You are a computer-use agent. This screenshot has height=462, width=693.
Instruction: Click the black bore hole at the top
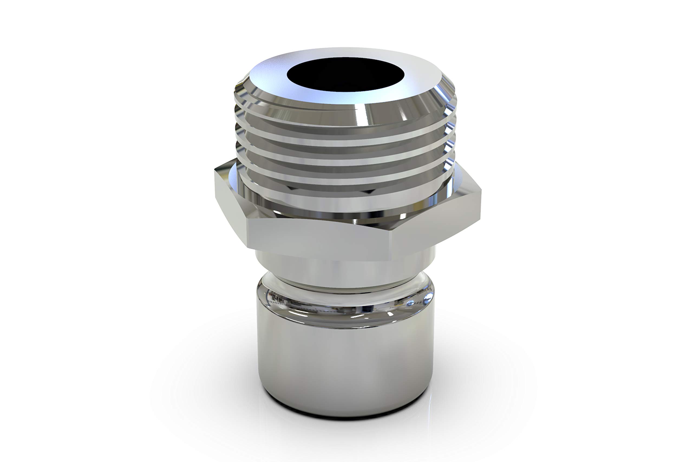[345, 74]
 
